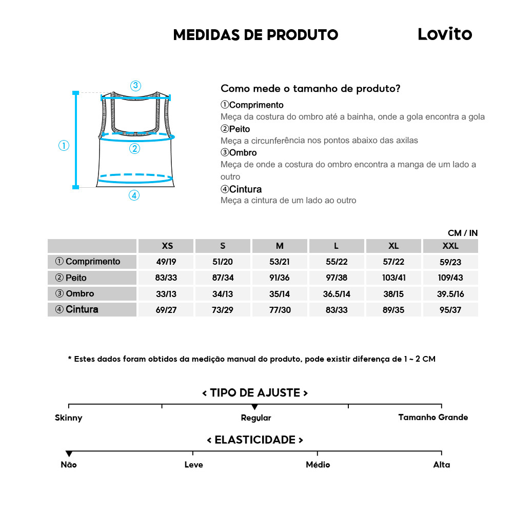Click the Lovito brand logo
[444, 34]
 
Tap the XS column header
[167, 246]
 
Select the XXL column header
[450, 246]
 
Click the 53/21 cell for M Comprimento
[280, 262]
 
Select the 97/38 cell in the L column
[337, 278]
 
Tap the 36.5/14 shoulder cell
[337, 294]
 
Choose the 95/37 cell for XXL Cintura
[450, 310]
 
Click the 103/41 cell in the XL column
[393, 278]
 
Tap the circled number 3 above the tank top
[135, 86]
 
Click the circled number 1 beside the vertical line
[64, 146]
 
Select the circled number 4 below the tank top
[134, 195]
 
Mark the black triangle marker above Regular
[255, 407]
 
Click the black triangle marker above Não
[69, 453]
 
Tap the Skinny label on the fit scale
[69, 418]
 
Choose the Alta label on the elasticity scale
[441, 465]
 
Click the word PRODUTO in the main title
[303, 35]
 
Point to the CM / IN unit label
[462, 233]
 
